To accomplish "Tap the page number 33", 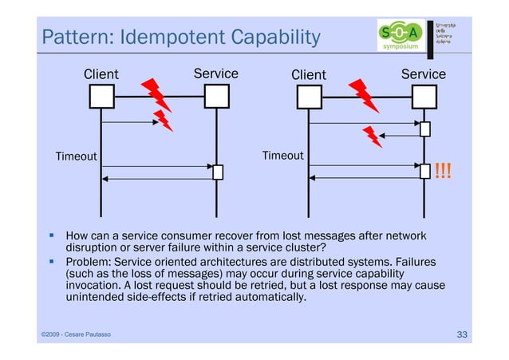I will pos(461,333).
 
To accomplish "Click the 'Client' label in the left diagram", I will pos(101,74).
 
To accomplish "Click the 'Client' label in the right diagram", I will pos(308,75).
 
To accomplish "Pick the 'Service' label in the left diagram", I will pos(215,73).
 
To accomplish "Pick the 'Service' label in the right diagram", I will pos(423,74).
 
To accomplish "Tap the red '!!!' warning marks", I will pos(442,171).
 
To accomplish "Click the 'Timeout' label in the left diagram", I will pos(76,156).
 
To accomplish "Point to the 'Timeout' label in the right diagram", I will pos(282,156).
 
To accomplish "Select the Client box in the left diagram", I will pos(101,97).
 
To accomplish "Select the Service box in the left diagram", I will pos(216,97).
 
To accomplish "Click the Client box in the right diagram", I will pos(309,97).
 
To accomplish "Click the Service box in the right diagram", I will pos(424,97).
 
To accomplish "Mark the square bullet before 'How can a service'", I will pos(50,236).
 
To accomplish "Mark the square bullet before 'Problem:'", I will pos(50,260).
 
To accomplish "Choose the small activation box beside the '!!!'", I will pos(425,171).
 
